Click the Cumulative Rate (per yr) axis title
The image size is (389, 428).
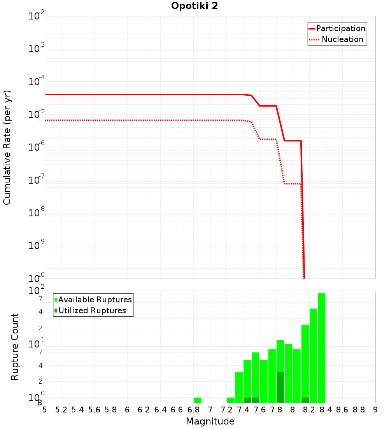7,147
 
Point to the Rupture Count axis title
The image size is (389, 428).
15,346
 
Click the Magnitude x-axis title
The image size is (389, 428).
210,421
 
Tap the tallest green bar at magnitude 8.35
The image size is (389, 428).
322,348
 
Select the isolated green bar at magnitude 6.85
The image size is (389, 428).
198,400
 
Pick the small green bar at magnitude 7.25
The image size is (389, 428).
231,400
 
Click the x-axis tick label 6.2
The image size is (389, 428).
144,410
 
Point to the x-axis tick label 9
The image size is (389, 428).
375,410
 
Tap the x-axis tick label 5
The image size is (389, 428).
45,410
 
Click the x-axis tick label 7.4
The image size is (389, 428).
243,410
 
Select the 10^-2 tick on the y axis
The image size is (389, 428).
37,16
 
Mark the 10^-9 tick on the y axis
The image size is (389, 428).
37,246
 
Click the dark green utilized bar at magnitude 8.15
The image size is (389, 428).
305,400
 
